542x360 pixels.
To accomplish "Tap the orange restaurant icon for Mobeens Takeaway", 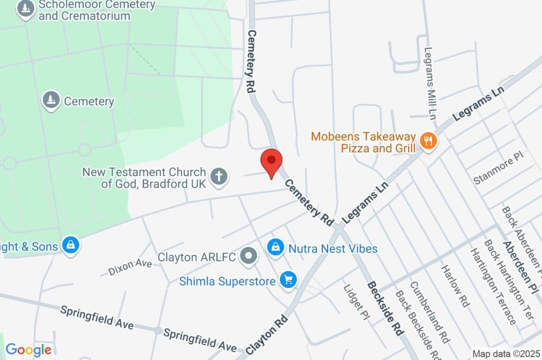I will coord(428,141).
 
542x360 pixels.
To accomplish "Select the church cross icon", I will coord(219,177).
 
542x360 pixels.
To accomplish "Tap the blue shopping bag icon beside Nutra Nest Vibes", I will coord(275,247).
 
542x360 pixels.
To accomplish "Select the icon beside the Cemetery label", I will coord(51,100).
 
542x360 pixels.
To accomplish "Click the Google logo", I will coord(29,349).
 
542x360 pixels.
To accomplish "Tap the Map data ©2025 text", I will coord(505,353).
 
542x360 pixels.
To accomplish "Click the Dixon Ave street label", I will coord(130,266).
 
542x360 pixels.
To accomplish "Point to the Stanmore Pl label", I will coord(498,169).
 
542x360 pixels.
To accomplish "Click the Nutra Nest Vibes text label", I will coord(332,248).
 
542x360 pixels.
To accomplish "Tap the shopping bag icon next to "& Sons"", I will coord(70,245).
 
